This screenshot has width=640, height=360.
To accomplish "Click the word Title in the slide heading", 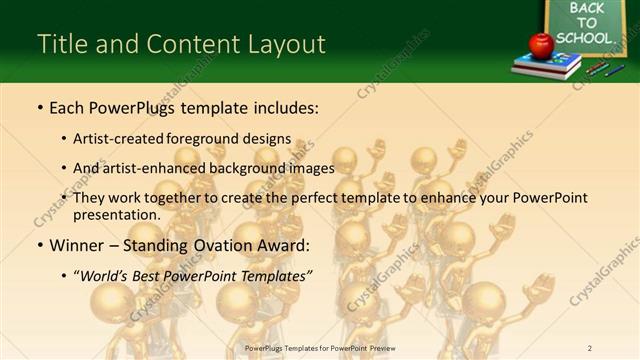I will [x=60, y=44].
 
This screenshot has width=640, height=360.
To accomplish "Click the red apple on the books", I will [x=541, y=44].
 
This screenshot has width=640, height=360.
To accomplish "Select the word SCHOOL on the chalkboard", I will [x=583, y=38].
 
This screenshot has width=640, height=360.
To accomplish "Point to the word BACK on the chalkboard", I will [x=587, y=8].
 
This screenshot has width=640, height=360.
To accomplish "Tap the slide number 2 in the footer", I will [x=590, y=348].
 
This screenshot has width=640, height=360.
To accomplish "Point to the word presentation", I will [x=115, y=214].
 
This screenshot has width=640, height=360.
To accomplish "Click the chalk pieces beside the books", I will [x=602, y=69].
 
